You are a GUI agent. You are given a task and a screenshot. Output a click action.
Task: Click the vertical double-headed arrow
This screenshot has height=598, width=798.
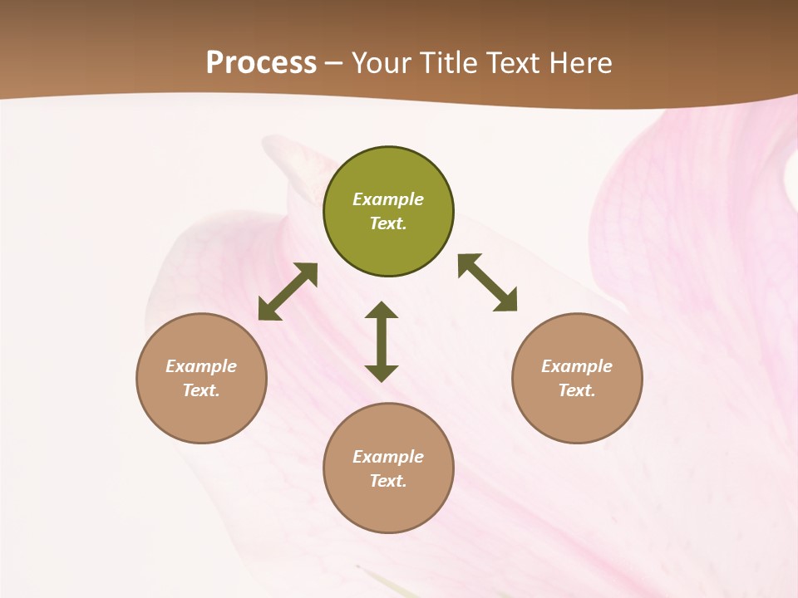[x=382, y=341]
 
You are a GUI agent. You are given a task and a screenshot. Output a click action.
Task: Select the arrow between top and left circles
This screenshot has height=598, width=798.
[x=288, y=292]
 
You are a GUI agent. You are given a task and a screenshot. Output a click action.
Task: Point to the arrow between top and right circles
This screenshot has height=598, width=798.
[x=487, y=282]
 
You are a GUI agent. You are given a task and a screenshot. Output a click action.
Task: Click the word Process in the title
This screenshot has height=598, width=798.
[x=261, y=62]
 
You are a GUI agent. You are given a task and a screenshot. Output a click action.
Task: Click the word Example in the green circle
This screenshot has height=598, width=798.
[x=388, y=199]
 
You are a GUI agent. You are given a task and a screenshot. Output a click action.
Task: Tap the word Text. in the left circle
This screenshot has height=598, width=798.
[x=201, y=390]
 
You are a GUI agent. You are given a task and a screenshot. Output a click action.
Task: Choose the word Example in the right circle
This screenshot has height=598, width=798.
[x=577, y=366]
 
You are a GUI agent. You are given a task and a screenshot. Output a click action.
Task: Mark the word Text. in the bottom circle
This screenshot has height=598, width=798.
[x=388, y=481]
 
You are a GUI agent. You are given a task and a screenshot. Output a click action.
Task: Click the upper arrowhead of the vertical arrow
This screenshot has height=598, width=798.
[x=382, y=311]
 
